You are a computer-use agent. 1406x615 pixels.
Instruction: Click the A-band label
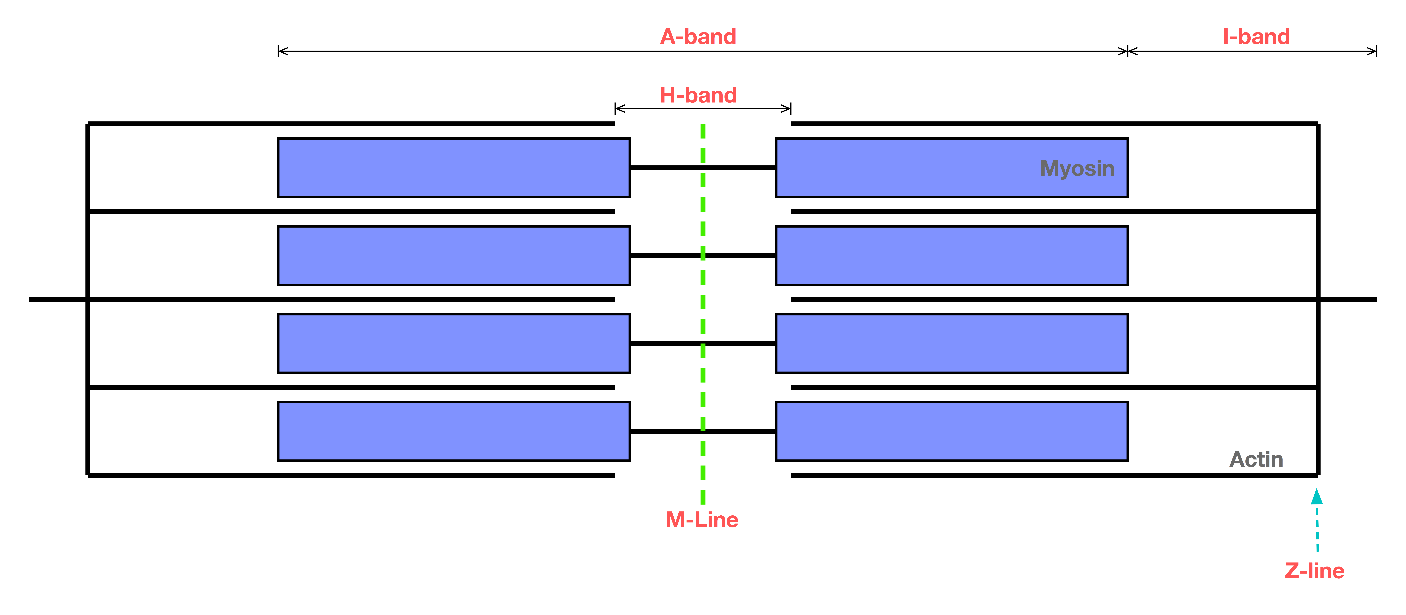point(698,37)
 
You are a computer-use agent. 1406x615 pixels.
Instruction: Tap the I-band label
point(1256,37)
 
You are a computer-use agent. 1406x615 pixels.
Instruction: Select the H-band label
point(698,95)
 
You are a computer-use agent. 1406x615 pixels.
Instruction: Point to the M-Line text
point(702,520)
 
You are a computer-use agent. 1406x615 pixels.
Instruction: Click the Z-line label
point(1314,571)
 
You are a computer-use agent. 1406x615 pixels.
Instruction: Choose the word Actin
point(1256,459)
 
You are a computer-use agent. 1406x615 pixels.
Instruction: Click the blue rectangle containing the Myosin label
point(952,168)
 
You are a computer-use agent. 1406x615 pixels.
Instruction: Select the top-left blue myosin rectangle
point(454,168)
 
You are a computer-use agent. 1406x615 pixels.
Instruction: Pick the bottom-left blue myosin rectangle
point(454,431)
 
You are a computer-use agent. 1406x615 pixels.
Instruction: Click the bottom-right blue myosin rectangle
point(952,431)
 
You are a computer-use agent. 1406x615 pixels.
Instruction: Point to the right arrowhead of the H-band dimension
point(786,108)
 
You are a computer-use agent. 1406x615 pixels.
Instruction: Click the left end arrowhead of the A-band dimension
point(283,51)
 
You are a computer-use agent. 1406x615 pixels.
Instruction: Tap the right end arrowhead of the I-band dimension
point(1372,51)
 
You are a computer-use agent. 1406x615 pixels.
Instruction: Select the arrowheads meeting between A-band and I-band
point(1128,51)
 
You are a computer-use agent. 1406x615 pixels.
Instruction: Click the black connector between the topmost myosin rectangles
point(703,168)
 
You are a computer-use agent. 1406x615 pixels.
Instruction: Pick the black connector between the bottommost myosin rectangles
point(703,431)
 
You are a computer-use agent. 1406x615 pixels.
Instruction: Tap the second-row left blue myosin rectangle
point(454,255)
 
